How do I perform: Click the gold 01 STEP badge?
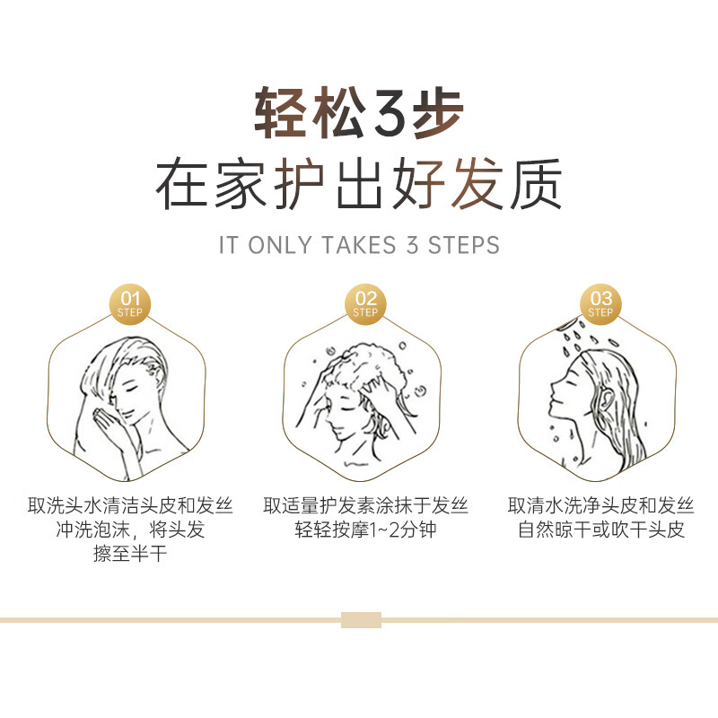click(x=131, y=303)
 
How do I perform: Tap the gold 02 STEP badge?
click(x=365, y=303)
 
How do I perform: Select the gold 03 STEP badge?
click(x=600, y=303)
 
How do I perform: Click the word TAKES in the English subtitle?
click(x=355, y=245)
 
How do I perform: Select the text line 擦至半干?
click(x=130, y=554)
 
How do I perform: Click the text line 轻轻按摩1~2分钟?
click(x=365, y=530)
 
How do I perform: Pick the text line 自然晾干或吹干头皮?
click(x=600, y=530)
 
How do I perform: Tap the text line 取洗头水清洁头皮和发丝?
click(x=130, y=505)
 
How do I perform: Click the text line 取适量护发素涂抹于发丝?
click(x=365, y=505)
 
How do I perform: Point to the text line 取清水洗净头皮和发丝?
click(x=600, y=505)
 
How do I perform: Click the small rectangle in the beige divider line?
click(x=361, y=619)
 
